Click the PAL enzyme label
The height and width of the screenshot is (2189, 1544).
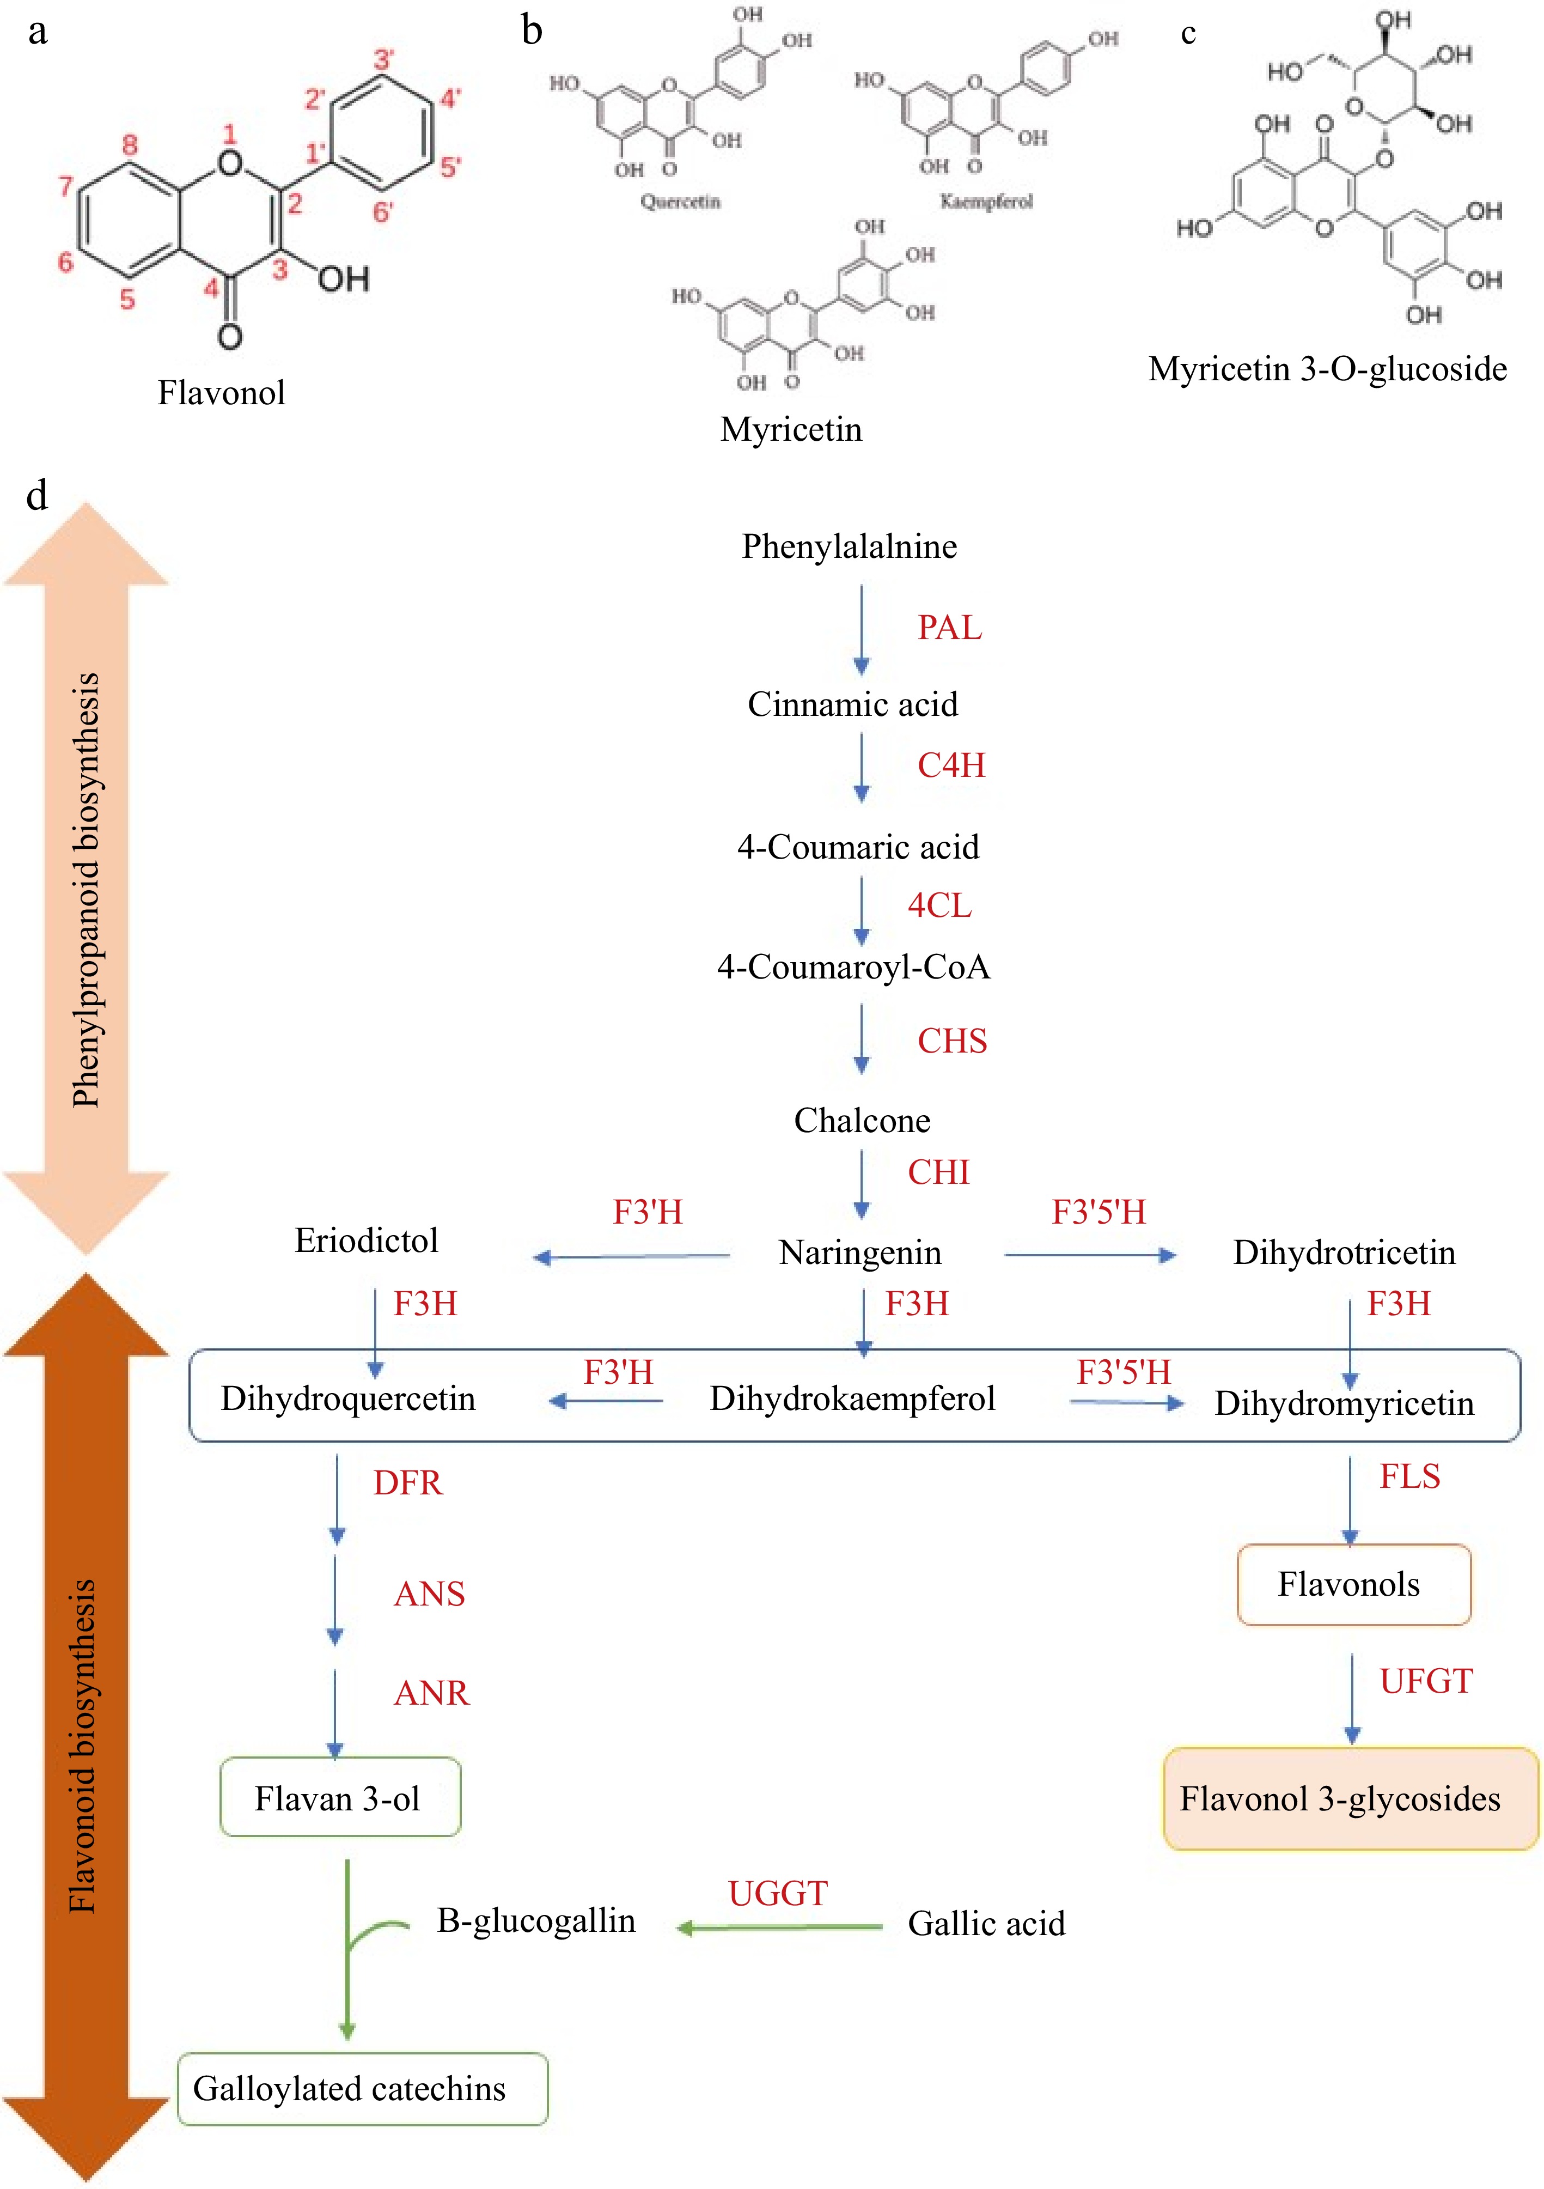click(949, 628)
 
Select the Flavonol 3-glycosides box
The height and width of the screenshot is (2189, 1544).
click(1350, 1798)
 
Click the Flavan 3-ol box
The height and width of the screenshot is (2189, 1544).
click(339, 1797)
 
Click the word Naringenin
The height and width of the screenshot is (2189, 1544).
click(859, 1252)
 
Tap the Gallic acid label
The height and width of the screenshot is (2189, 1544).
click(986, 1923)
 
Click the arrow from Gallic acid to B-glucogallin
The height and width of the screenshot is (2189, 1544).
click(780, 1927)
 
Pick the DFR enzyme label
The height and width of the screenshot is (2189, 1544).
click(408, 1482)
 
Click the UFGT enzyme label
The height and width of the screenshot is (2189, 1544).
click(1426, 1681)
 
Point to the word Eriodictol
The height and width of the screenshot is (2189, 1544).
click(366, 1241)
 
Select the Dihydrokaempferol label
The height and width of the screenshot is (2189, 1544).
click(852, 1398)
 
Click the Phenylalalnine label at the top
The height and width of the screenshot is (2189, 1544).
click(849, 546)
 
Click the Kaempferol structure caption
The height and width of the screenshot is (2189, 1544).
click(986, 201)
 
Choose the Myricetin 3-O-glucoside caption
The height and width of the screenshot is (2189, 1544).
click(1328, 369)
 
